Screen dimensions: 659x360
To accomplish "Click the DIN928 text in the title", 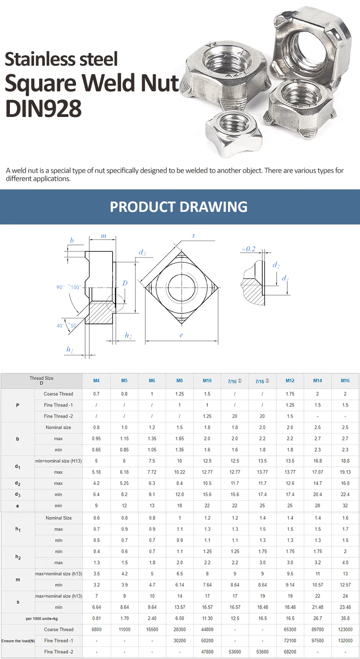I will pyautogui.click(x=44, y=108).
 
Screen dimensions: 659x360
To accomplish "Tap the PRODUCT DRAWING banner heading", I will pyautogui.click(x=179, y=207).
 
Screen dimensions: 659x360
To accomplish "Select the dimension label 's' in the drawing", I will pyautogui.click(x=193, y=235).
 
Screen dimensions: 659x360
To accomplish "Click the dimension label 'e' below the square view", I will pyautogui.click(x=181, y=335).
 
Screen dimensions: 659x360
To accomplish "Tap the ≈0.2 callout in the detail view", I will pyautogui.click(x=248, y=249).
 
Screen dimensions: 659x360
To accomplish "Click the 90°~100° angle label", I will pyautogui.click(x=67, y=287).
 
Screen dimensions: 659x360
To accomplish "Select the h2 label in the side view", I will pyautogui.click(x=128, y=336).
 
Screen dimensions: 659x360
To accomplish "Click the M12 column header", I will pyautogui.click(x=290, y=381).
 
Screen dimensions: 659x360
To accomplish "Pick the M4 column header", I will pyautogui.click(x=96, y=381).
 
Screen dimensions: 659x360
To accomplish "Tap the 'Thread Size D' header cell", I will pyautogui.click(x=41, y=381).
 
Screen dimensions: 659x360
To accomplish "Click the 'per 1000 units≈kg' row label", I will pyautogui.click(x=41, y=618).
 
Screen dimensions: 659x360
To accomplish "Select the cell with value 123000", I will pyautogui.click(x=345, y=629).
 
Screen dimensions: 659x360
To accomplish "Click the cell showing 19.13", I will pyautogui.click(x=345, y=472).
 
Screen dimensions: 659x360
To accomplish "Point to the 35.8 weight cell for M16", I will pyautogui.click(x=345, y=618).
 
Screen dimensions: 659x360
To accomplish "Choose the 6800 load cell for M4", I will pyautogui.click(x=96, y=629).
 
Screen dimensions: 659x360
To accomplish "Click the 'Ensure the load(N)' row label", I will pyautogui.click(x=18, y=641).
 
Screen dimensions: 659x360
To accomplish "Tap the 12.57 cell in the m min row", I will pyautogui.click(x=345, y=585).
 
